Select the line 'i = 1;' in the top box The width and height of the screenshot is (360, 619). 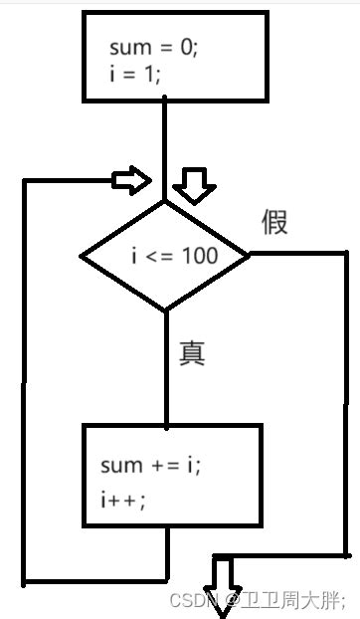click(x=133, y=72)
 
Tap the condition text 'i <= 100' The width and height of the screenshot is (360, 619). click(x=174, y=256)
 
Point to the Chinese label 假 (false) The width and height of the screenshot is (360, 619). click(x=275, y=222)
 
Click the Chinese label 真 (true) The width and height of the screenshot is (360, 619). click(x=192, y=353)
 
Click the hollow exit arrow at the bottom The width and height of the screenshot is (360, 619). click(x=221, y=578)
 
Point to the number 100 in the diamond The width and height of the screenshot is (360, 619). click(x=201, y=256)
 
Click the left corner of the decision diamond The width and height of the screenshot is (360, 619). click(x=82, y=256)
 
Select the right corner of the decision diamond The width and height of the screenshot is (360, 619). click(x=250, y=255)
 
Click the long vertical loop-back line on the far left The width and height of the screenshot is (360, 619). click(x=23, y=378)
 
